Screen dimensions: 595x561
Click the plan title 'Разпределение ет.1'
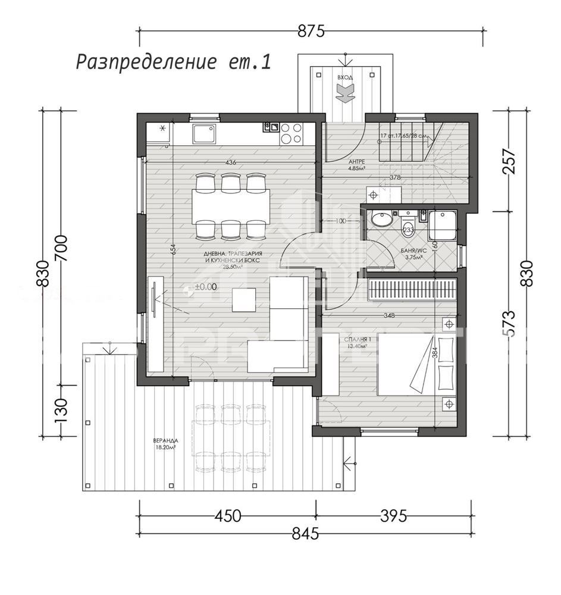coord(173,62)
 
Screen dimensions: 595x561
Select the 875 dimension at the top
coord(311,32)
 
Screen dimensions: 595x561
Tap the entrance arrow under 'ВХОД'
coord(344,92)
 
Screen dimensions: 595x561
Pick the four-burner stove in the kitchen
coord(290,133)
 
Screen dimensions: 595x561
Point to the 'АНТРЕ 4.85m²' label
coord(356,165)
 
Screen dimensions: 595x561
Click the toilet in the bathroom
coord(408,223)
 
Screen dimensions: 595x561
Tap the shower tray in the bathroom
coord(441,224)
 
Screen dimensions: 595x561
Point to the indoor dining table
coord(230,206)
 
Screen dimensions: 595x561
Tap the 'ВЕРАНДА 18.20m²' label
coord(165,444)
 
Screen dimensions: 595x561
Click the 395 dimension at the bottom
coord(393,516)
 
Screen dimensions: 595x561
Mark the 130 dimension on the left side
coord(61,410)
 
